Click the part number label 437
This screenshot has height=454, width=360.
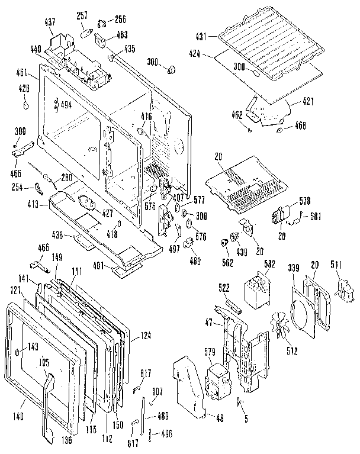point(49,22)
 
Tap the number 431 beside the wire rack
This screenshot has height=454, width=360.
point(202,37)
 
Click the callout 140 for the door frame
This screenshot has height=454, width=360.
point(18,417)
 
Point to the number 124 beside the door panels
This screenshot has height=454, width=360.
point(146,337)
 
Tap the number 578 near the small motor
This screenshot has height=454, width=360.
point(304,201)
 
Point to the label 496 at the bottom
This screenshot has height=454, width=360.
point(166,434)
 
